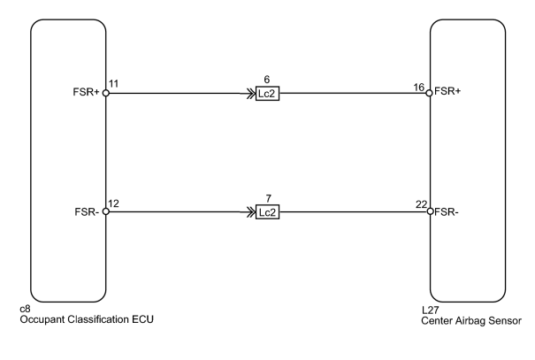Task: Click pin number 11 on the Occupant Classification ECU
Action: tap(113, 84)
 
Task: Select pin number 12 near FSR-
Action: tap(113, 203)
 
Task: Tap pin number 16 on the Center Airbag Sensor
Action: tap(418, 88)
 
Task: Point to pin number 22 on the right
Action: tap(422, 204)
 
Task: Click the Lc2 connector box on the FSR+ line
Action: tap(267, 94)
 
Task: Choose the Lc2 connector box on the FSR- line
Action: tap(267, 212)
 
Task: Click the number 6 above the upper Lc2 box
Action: tap(267, 80)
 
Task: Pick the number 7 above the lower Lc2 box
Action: tap(268, 198)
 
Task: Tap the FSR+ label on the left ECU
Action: tap(86, 92)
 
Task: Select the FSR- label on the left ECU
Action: tap(87, 212)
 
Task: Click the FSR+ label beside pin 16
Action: tap(447, 91)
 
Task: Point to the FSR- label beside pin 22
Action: tap(447, 212)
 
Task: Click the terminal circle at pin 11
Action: tap(106, 93)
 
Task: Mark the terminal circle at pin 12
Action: tap(106, 211)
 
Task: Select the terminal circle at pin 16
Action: tap(429, 93)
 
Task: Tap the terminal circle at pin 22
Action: tap(431, 211)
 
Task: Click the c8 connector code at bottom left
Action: tap(26, 309)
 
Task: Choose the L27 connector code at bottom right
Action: tap(431, 310)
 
